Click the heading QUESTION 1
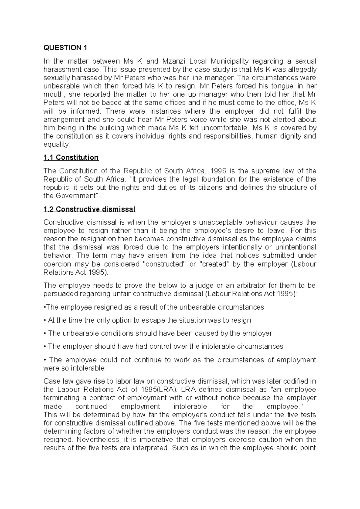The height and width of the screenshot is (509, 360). point(62,48)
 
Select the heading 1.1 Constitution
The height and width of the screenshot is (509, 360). point(71,157)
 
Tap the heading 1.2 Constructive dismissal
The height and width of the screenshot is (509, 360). point(89,209)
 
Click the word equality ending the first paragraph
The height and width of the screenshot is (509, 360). point(56,144)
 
